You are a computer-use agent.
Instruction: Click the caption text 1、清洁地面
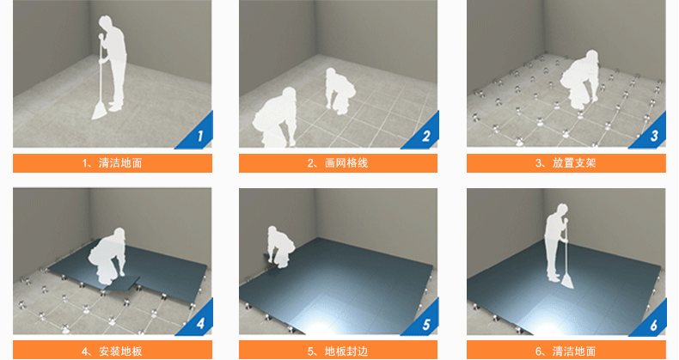[x=112, y=163]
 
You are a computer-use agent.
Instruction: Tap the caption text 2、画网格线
[x=338, y=163]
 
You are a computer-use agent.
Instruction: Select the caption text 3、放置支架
[x=566, y=163]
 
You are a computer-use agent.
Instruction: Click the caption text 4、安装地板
[x=112, y=351]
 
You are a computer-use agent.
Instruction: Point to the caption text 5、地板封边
[x=338, y=351]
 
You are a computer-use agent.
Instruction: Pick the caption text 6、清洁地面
[x=566, y=351]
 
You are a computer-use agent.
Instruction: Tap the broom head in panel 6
[x=567, y=282]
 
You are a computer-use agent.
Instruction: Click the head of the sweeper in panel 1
[x=105, y=23]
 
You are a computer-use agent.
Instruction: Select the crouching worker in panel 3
[x=580, y=80]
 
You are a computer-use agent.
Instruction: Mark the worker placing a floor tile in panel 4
[x=107, y=256]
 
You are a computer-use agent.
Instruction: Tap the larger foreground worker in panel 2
[x=275, y=118]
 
